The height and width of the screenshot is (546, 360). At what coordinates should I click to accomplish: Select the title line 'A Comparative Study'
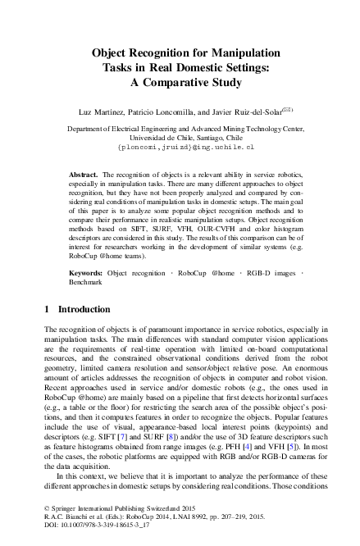click(x=180, y=82)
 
